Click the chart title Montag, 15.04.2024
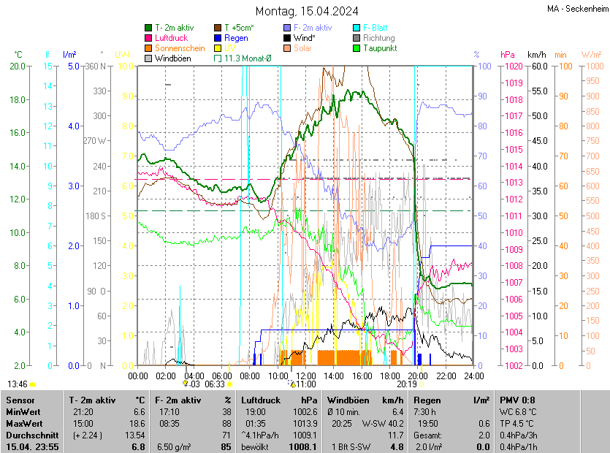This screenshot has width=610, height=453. tap(306, 11)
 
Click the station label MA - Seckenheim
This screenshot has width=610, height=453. tap(576, 8)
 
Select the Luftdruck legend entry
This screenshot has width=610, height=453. tap(171, 38)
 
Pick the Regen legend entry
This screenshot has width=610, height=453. tap(236, 38)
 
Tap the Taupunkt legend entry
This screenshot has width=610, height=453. tap(378, 48)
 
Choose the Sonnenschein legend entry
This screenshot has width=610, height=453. tap(180, 48)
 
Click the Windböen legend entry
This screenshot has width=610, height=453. tap(173, 58)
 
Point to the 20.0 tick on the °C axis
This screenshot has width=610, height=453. tap(18, 66)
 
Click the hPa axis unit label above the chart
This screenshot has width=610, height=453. tap(507, 55)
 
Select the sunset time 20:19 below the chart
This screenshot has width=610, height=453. tap(407, 384)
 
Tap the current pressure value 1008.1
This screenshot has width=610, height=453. tap(303, 446)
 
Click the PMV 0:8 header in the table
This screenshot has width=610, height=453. tap(517, 400)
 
